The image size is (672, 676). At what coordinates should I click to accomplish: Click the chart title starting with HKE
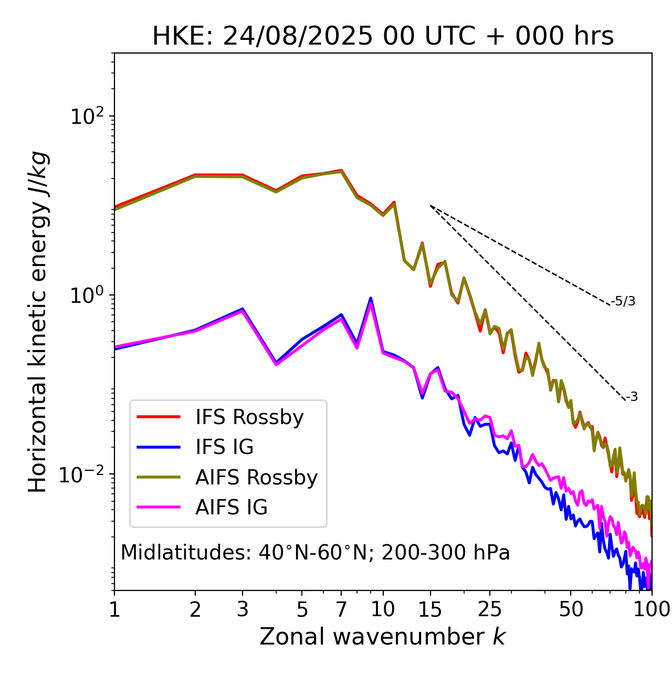click(383, 37)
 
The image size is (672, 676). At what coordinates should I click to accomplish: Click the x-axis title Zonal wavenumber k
click(383, 637)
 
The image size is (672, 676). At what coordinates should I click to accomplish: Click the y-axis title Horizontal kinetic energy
click(38, 322)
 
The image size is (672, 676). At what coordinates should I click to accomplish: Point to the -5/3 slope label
click(623, 301)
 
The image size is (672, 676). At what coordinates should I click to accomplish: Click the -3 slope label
click(632, 397)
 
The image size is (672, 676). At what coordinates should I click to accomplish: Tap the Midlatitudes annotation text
click(315, 553)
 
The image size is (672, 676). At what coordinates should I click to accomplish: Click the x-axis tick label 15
click(430, 609)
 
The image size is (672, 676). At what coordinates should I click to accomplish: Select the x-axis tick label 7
click(341, 609)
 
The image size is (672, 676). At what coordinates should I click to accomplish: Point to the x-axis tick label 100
click(652, 609)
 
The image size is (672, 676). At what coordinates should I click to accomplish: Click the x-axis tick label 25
click(490, 609)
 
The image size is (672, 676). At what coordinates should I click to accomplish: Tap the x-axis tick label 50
click(571, 609)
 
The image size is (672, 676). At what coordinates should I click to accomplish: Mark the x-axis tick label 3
click(242, 609)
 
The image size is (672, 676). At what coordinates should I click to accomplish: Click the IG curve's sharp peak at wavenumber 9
click(371, 299)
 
